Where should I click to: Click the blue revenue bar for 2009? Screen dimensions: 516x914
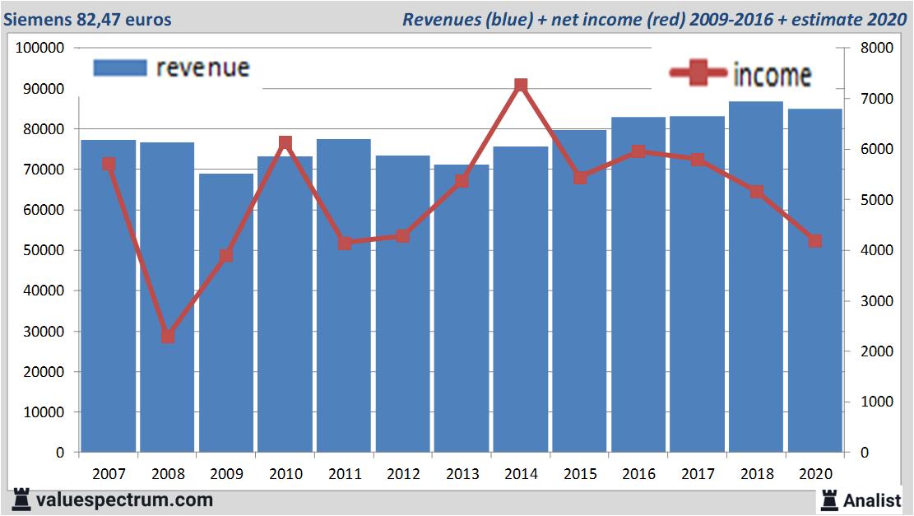tap(226, 313)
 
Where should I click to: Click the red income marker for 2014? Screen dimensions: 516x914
tap(521, 86)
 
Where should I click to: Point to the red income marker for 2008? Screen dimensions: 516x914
tap(168, 336)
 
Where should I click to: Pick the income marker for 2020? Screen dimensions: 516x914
tap(814, 241)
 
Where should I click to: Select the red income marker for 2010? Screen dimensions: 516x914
tap(285, 143)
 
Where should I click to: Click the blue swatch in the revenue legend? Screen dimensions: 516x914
tap(120, 67)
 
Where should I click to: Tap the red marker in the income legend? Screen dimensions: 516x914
tap(698, 74)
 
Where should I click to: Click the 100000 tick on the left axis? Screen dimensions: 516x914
tap(40, 48)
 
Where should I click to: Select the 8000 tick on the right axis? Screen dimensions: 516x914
tap(876, 48)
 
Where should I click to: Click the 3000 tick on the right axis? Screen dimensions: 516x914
tap(876, 301)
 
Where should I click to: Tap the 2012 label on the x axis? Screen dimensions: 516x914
tap(403, 474)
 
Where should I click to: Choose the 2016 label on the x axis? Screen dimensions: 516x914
tap(638, 474)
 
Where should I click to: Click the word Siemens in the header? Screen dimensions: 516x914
tap(36, 19)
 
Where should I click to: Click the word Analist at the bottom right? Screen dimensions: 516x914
tap(872, 500)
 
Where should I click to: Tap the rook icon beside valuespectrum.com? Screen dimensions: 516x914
tap(21, 500)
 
